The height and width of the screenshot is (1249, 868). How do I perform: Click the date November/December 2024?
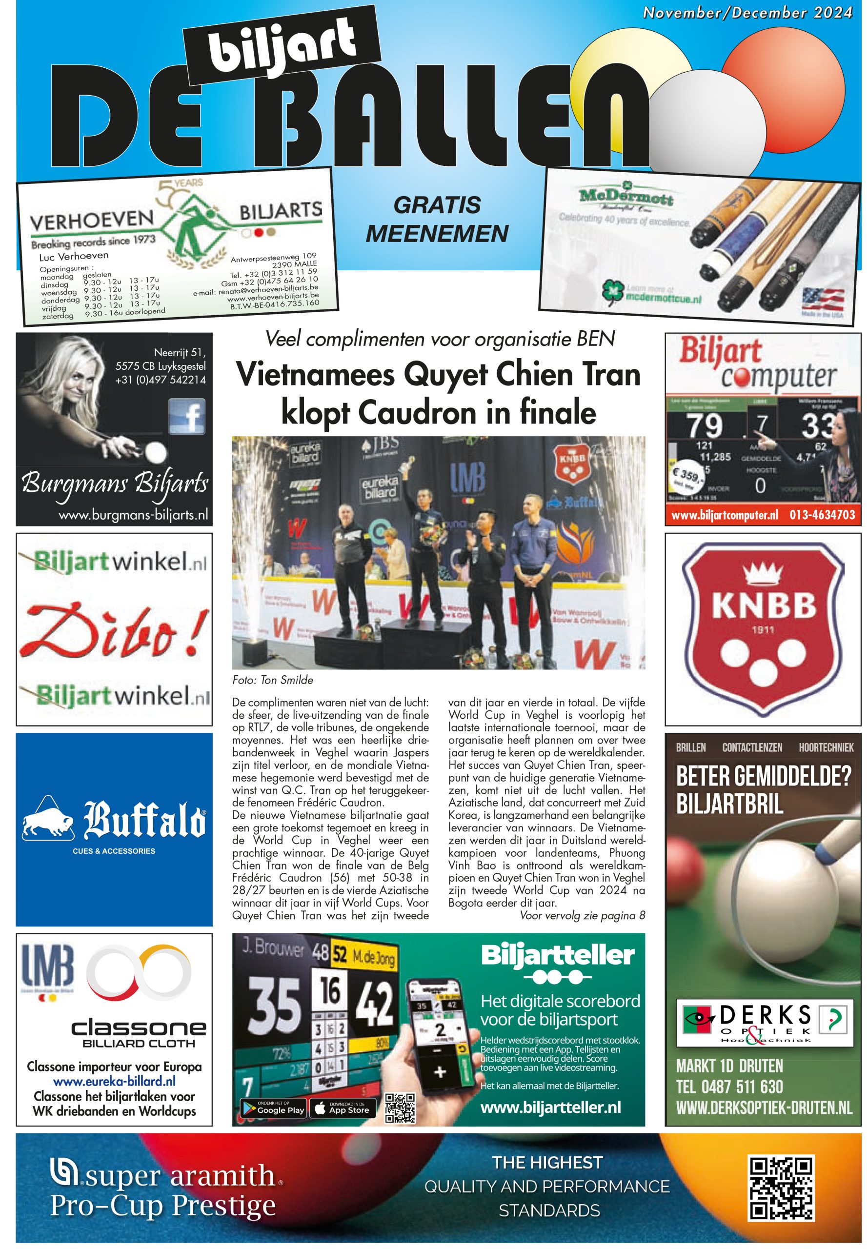(747, 13)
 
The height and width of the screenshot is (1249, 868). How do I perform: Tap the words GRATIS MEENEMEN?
(437, 220)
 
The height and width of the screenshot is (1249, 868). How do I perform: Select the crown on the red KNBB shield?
(763, 575)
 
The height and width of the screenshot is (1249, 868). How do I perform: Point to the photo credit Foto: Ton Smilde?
(272, 680)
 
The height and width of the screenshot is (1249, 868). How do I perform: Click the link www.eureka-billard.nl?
(114, 1082)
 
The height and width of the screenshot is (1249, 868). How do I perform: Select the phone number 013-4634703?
(822, 514)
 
